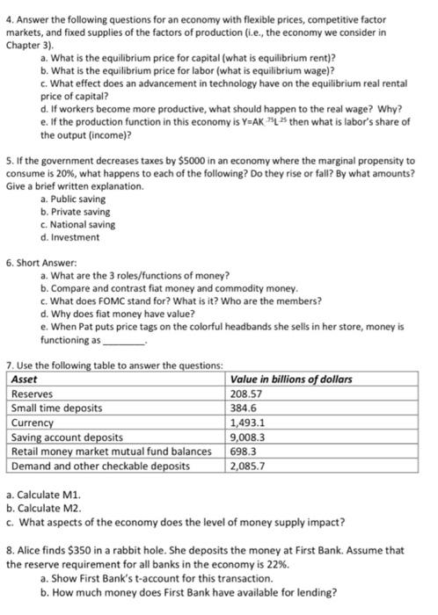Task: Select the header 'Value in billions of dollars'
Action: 290,379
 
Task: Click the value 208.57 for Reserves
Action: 245,394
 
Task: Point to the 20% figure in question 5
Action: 69,173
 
